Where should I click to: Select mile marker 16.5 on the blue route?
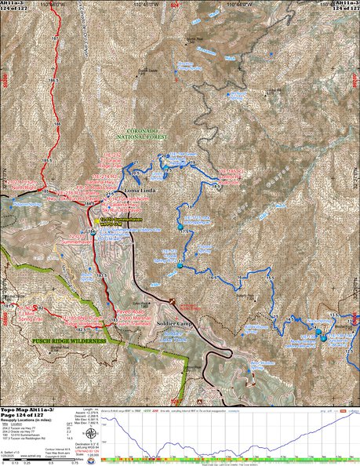point(212,277)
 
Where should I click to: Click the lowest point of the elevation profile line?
point(155,453)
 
